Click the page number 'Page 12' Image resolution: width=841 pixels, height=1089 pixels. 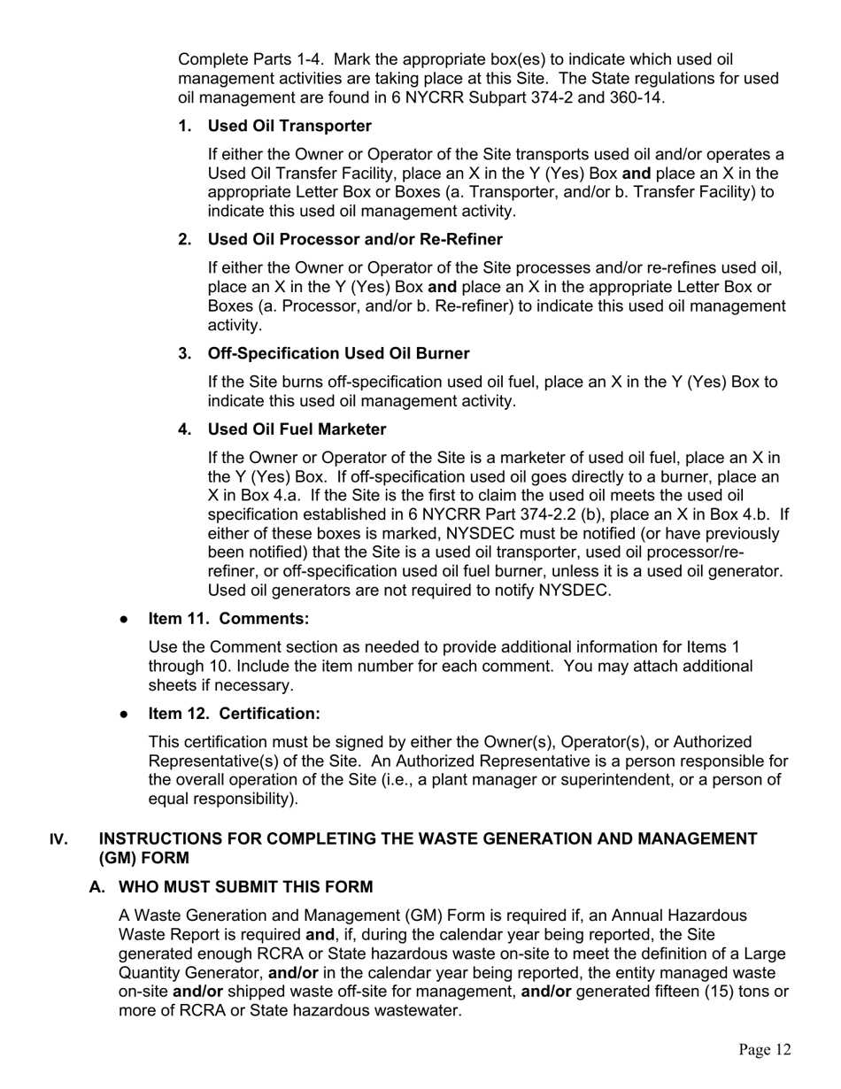pyautogui.click(x=765, y=1050)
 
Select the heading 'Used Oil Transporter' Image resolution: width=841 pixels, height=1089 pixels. pyautogui.click(x=289, y=126)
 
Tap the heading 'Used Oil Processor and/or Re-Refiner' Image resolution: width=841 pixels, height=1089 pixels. pyautogui.click(x=355, y=240)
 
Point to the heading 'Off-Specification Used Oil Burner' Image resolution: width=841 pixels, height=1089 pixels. pyautogui.click(x=338, y=353)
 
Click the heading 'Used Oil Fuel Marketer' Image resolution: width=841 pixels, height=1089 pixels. pyautogui.click(x=297, y=429)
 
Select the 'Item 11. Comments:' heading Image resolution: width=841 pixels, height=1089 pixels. pyautogui.click(x=228, y=618)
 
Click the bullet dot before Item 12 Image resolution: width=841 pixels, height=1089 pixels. pyautogui.click(x=125, y=714)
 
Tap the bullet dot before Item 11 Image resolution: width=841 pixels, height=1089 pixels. pyautogui.click(x=125, y=619)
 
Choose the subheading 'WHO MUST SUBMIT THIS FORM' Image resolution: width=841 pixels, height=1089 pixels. pyautogui.click(x=245, y=887)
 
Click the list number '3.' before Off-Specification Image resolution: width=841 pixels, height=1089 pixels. pyautogui.click(x=185, y=353)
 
